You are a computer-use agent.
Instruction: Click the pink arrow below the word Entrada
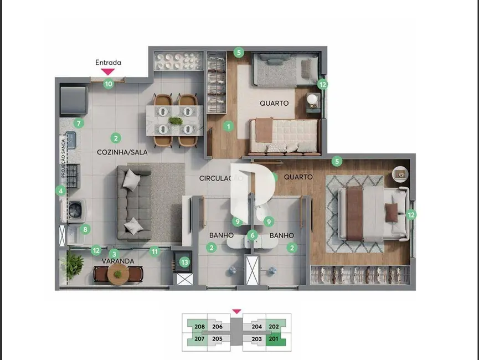[x=108, y=71]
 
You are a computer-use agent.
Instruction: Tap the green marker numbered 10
[x=109, y=84]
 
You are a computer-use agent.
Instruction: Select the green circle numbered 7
[x=79, y=123]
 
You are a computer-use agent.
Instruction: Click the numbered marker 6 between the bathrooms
[x=253, y=235]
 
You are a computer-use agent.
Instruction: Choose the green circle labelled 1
[x=228, y=126]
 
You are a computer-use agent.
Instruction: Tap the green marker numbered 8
[x=85, y=229]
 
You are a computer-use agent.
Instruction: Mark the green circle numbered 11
[x=155, y=251]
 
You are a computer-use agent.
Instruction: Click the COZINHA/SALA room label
[x=122, y=152]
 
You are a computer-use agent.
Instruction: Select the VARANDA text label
[x=117, y=261]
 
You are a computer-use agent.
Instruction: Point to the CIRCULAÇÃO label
[x=220, y=178]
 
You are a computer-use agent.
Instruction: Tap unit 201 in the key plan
[x=273, y=339]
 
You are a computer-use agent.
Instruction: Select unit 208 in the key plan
[x=200, y=327]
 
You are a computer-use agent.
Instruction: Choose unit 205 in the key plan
[x=218, y=339]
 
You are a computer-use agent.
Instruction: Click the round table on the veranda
[x=117, y=274]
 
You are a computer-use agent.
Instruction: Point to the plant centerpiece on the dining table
[x=176, y=121]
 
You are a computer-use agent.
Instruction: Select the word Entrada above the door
[x=108, y=63]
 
